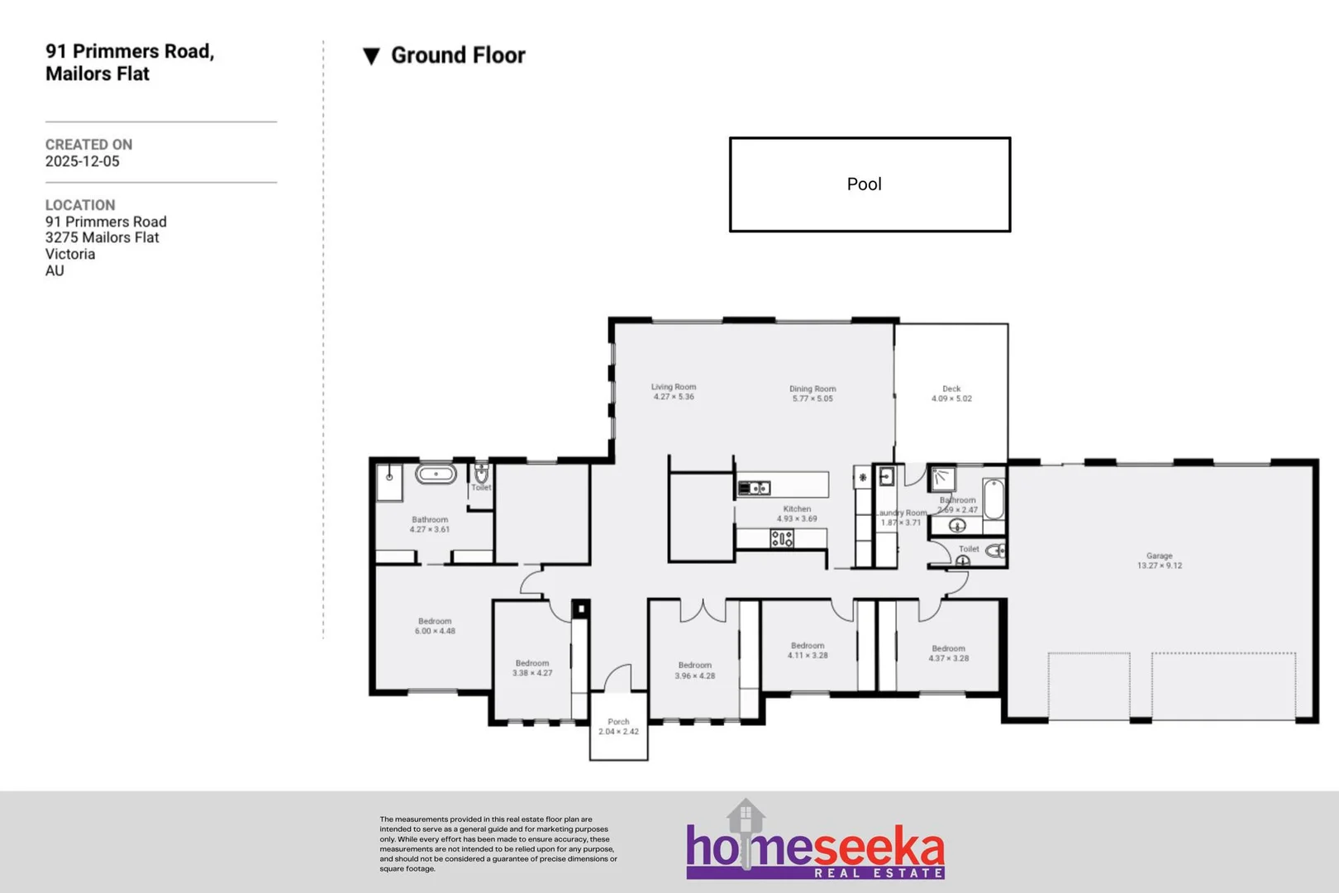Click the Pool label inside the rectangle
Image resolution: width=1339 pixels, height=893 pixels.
[864, 184]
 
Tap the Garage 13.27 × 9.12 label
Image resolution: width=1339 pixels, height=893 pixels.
[1159, 561]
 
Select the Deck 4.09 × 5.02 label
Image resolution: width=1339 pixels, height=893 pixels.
[951, 394]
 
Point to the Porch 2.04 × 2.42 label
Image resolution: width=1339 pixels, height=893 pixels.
[618, 727]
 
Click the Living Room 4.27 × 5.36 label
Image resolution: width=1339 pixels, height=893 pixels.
[674, 392]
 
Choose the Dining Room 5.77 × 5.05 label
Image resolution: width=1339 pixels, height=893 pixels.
[812, 394]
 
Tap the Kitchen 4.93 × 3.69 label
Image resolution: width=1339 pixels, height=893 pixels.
[797, 514]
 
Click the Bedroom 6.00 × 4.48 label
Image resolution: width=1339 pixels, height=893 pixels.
[435, 626]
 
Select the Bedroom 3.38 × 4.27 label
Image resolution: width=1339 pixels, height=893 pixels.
[531, 668]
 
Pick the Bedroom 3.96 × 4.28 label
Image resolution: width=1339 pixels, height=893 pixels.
[694, 671]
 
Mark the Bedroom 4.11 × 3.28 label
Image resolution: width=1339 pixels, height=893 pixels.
[808, 650]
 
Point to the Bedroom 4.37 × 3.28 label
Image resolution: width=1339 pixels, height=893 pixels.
[948, 653]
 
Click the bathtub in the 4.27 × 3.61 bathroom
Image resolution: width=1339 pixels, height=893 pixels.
[436, 475]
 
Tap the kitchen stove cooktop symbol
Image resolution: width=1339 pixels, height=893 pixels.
[782, 540]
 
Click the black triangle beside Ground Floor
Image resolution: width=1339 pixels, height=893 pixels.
[371, 56]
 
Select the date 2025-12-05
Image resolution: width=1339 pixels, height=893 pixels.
[82, 161]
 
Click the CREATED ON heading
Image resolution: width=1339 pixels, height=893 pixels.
[88, 145]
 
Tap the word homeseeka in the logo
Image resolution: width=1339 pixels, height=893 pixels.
[814, 850]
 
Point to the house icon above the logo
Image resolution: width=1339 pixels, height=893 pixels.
[746, 817]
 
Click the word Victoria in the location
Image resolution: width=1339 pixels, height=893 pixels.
[70, 254]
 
